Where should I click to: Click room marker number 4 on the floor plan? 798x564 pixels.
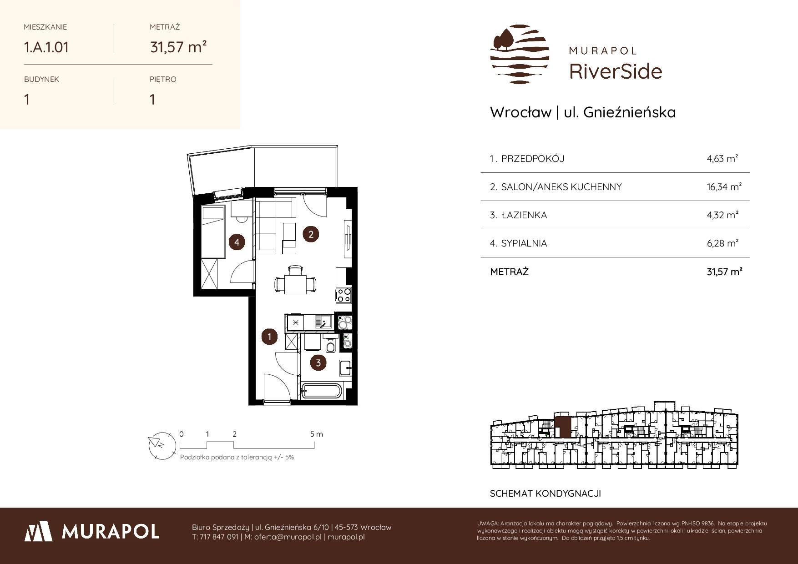click(237, 242)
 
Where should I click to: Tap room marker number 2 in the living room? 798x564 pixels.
click(311, 235)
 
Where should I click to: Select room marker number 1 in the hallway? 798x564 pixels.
click(270, 337)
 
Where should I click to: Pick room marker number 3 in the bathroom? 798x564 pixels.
click(318, 363)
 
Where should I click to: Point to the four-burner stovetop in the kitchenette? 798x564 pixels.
click(343, 295)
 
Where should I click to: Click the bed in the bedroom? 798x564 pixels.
click(213, 232)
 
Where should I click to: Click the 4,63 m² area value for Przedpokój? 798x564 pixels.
click(722, 159)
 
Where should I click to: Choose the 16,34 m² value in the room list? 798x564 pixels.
click(724, 187)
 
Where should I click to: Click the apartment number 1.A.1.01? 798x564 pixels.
click(46, 47)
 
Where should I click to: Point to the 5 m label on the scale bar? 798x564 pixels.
click(317, 434)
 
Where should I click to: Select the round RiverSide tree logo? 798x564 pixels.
click(520, 54)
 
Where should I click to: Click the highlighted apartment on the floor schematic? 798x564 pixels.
click(563, 426)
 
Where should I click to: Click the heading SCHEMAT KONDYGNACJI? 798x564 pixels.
click(545, 493)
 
